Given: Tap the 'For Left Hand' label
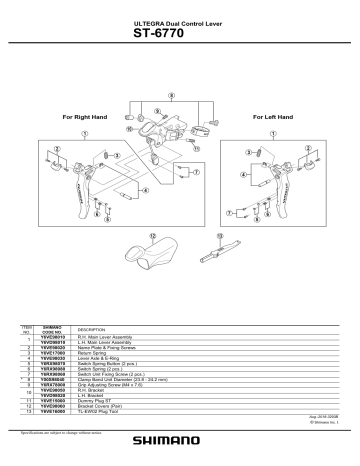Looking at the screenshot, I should tap(275, 117).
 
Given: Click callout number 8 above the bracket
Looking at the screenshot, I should tap(172, 97).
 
